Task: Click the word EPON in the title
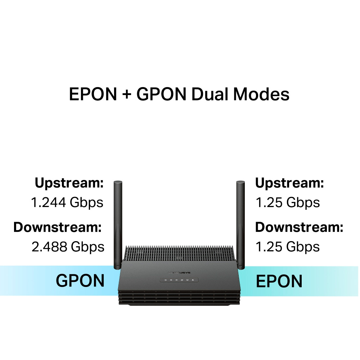93,94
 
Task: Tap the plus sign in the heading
127,95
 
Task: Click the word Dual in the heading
210,94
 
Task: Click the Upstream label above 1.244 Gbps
69,183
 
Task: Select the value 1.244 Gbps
67,202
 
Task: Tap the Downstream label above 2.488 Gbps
58,227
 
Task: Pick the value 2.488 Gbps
68,247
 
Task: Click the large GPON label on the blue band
80,281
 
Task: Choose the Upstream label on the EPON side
289,183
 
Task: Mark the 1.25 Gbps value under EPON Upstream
287,202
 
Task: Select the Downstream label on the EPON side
299,227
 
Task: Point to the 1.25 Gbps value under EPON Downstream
287,247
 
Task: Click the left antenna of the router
118,223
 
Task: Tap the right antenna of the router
240,223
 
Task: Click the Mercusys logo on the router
179,273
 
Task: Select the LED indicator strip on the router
179,280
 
